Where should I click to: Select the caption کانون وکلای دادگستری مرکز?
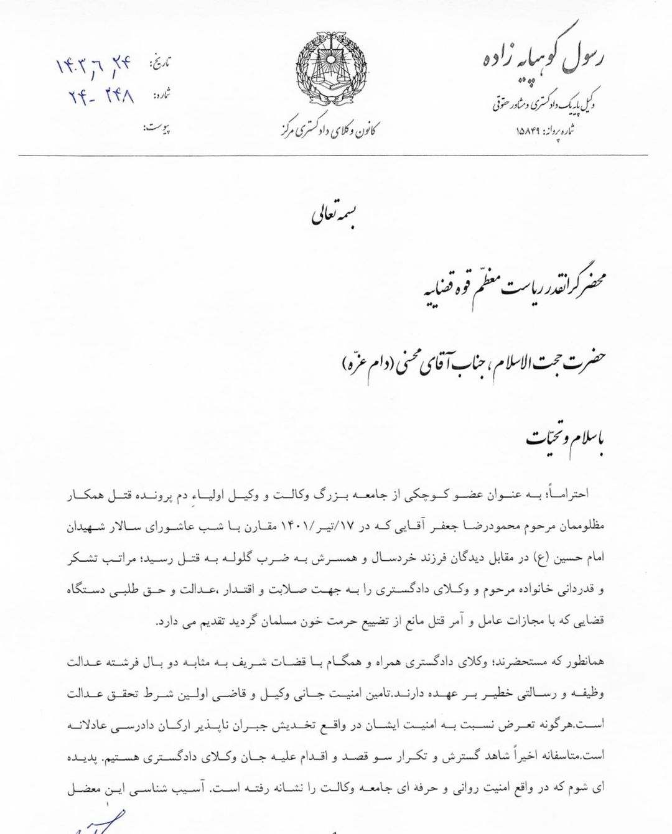pyautogui.click(x=329, y=131)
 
